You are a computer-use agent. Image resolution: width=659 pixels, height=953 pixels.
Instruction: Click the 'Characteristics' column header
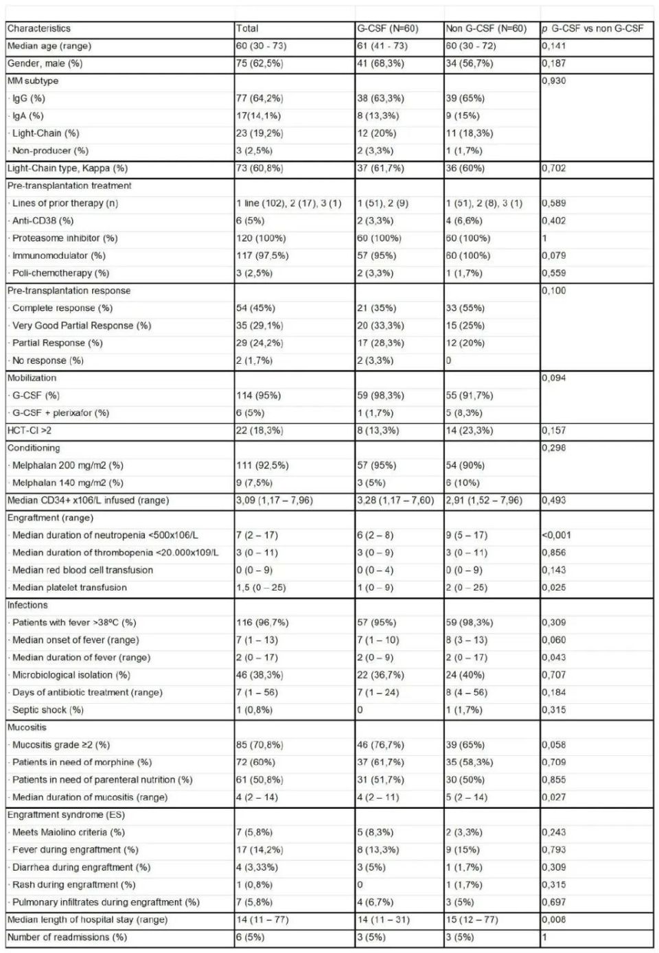[x=39, y=29]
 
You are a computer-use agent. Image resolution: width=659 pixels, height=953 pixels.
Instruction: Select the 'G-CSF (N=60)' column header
[x=388, y=29]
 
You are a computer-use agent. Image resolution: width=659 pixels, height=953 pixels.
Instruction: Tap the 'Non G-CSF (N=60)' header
[x=486, y=29]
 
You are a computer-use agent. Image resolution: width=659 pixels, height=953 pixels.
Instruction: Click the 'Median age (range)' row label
[x=49, y=46]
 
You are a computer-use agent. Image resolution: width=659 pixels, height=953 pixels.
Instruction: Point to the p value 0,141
[x=554, y=46]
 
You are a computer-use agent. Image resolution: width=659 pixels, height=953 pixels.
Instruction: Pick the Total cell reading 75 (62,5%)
[x=259, y=63]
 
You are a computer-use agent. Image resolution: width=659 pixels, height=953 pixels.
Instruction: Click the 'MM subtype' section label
[x=33, y=81]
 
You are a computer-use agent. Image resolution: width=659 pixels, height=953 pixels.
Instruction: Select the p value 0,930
[x=555, y=81]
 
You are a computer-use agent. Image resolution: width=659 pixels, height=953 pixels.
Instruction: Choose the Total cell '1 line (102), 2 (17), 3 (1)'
[x=288, y=203]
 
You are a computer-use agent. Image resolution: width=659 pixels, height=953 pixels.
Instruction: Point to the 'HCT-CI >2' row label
[x=30, y=430]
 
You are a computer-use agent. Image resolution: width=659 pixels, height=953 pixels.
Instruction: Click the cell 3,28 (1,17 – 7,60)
[x=395, y=500]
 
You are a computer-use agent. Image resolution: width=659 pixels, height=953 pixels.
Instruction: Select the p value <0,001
[x=556, y=535]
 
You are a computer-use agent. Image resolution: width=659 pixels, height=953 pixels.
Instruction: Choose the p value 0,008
[x=554, y=919]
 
